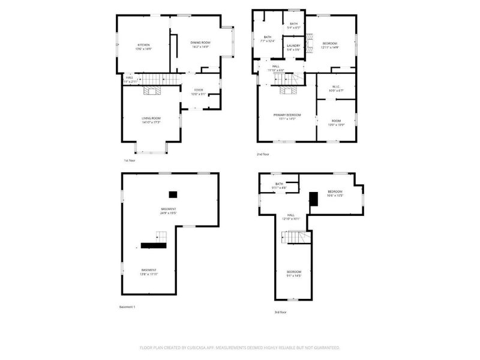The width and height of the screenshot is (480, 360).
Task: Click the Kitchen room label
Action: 143,45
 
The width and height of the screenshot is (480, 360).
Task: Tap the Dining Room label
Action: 200,43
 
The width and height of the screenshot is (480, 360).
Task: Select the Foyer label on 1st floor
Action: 197,90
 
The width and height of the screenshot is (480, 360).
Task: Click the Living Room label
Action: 151,118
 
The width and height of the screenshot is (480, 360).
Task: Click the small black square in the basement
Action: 173,194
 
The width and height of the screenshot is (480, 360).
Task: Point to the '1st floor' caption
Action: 130,161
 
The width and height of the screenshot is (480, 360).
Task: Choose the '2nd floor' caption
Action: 263,154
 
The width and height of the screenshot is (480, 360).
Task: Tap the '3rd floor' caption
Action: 280,312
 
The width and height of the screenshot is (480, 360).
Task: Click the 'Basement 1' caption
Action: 128,307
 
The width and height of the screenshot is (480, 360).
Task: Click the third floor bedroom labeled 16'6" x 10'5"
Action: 335,193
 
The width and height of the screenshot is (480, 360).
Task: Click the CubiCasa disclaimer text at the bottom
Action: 240,347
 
